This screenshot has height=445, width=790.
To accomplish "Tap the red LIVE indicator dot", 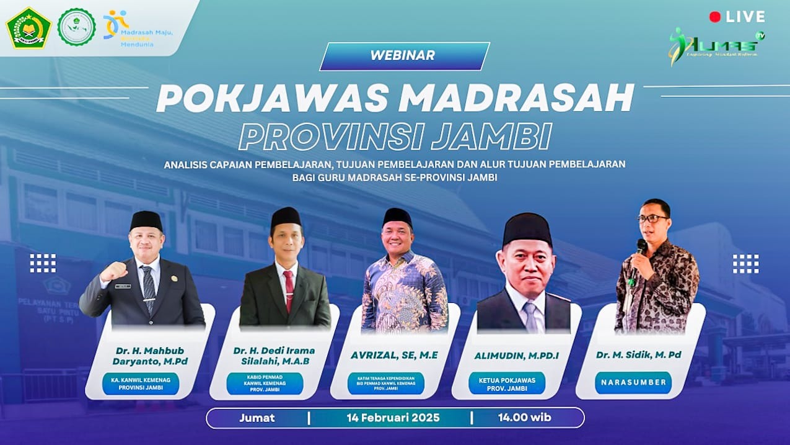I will tap(714, 17).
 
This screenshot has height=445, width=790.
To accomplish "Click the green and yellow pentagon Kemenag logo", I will tap(29, 27).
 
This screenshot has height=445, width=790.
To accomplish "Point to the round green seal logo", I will tap(76, 27).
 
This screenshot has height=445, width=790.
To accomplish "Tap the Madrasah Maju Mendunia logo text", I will tap(146, 32).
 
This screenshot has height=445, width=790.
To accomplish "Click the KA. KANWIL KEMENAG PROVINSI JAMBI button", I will tap(141, 384).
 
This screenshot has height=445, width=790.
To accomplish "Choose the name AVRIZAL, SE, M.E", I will tap(394, 356).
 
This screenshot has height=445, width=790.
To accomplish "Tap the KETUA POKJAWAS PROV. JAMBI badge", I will tap(507, 384).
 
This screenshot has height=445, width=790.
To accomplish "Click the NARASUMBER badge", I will tap(633, 383).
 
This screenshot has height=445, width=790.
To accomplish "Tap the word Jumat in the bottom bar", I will tap(257, 418).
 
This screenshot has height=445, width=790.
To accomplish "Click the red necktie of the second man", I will tap(288, 289).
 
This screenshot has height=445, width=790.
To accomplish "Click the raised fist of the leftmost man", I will tap(114, 271).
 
